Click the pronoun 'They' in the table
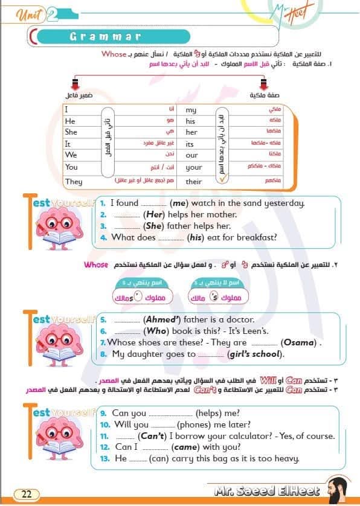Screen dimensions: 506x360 (x=74, y=181)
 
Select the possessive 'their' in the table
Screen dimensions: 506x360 (x=194, y=181)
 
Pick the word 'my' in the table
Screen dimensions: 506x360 (x=191, y=110)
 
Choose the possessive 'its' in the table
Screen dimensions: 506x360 (x=190, y=144)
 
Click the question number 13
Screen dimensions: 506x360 (x=104, y=459)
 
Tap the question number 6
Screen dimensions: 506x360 (x=103, y=331)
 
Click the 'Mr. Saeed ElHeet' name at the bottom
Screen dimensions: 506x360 (x=266, y=491)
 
